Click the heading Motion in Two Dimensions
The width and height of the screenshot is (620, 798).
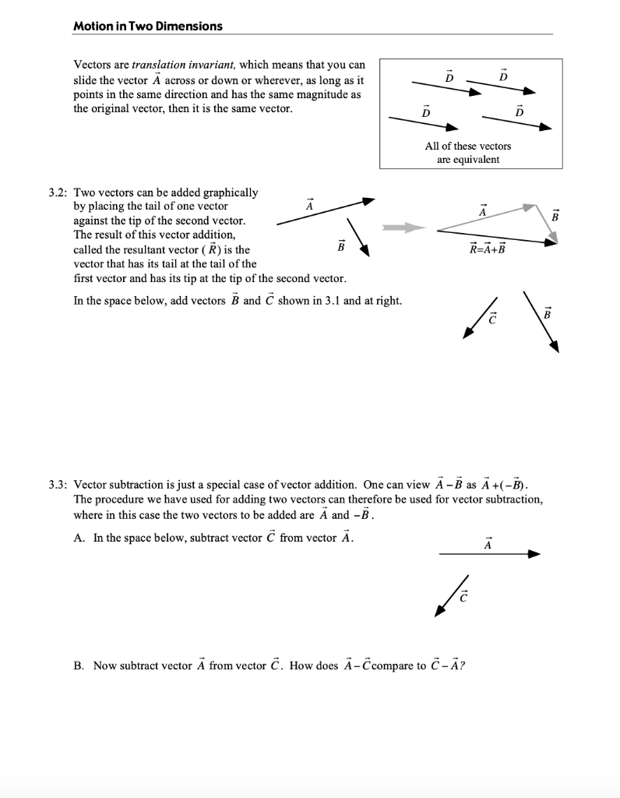(147, 26)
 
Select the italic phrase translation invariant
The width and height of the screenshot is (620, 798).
(178, 65)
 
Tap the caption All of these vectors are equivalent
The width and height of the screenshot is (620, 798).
(468, 153)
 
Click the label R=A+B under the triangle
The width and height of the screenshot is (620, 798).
(487, 249)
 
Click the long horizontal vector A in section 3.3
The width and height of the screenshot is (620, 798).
(489, 554)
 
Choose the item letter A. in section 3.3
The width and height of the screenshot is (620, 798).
(79, 538)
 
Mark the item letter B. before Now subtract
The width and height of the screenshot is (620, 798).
(79, 666)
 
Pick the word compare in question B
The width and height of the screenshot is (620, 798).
(393, 666)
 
